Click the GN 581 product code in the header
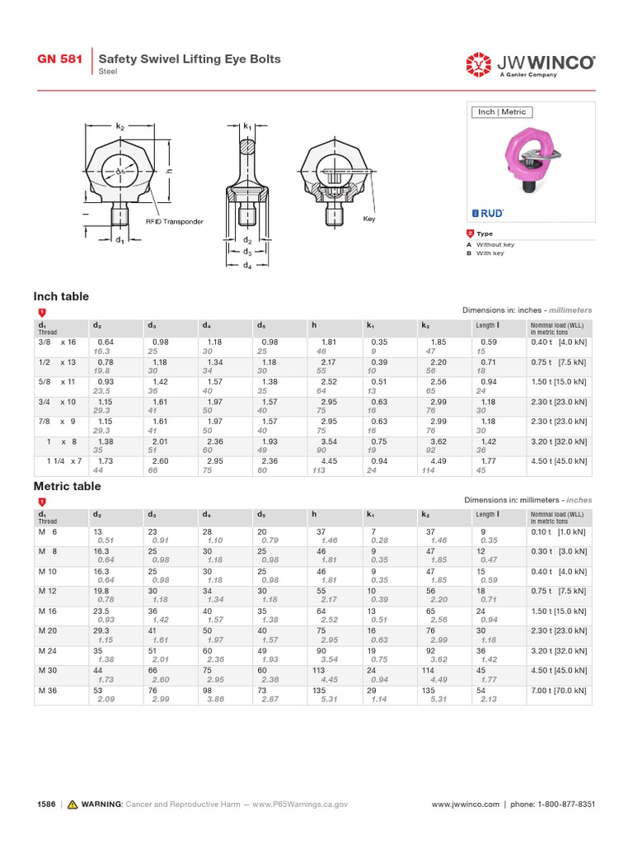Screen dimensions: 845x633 [x=59, y=59]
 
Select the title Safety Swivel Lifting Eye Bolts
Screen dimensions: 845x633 [x=190, y=59]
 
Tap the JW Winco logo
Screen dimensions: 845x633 [x=530, y=63]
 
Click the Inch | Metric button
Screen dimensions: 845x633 [x=502, y=112]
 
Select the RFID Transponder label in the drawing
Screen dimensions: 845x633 [x=174, y=221]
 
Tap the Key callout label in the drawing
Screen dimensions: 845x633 [x=368, y=219]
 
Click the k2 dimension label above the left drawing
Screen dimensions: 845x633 [x=120, y=126]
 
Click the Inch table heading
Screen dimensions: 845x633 [x=61, y=296]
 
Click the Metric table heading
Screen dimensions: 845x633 [x=67, y=486]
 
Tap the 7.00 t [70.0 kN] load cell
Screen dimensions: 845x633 [x=559, y=690]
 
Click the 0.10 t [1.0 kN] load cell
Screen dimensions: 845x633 [x=559, y=531]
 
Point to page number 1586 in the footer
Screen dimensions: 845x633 [x=46, y=804]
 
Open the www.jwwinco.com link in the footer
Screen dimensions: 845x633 [x=466, y=804]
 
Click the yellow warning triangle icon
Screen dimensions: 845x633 [x=73, y=804]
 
